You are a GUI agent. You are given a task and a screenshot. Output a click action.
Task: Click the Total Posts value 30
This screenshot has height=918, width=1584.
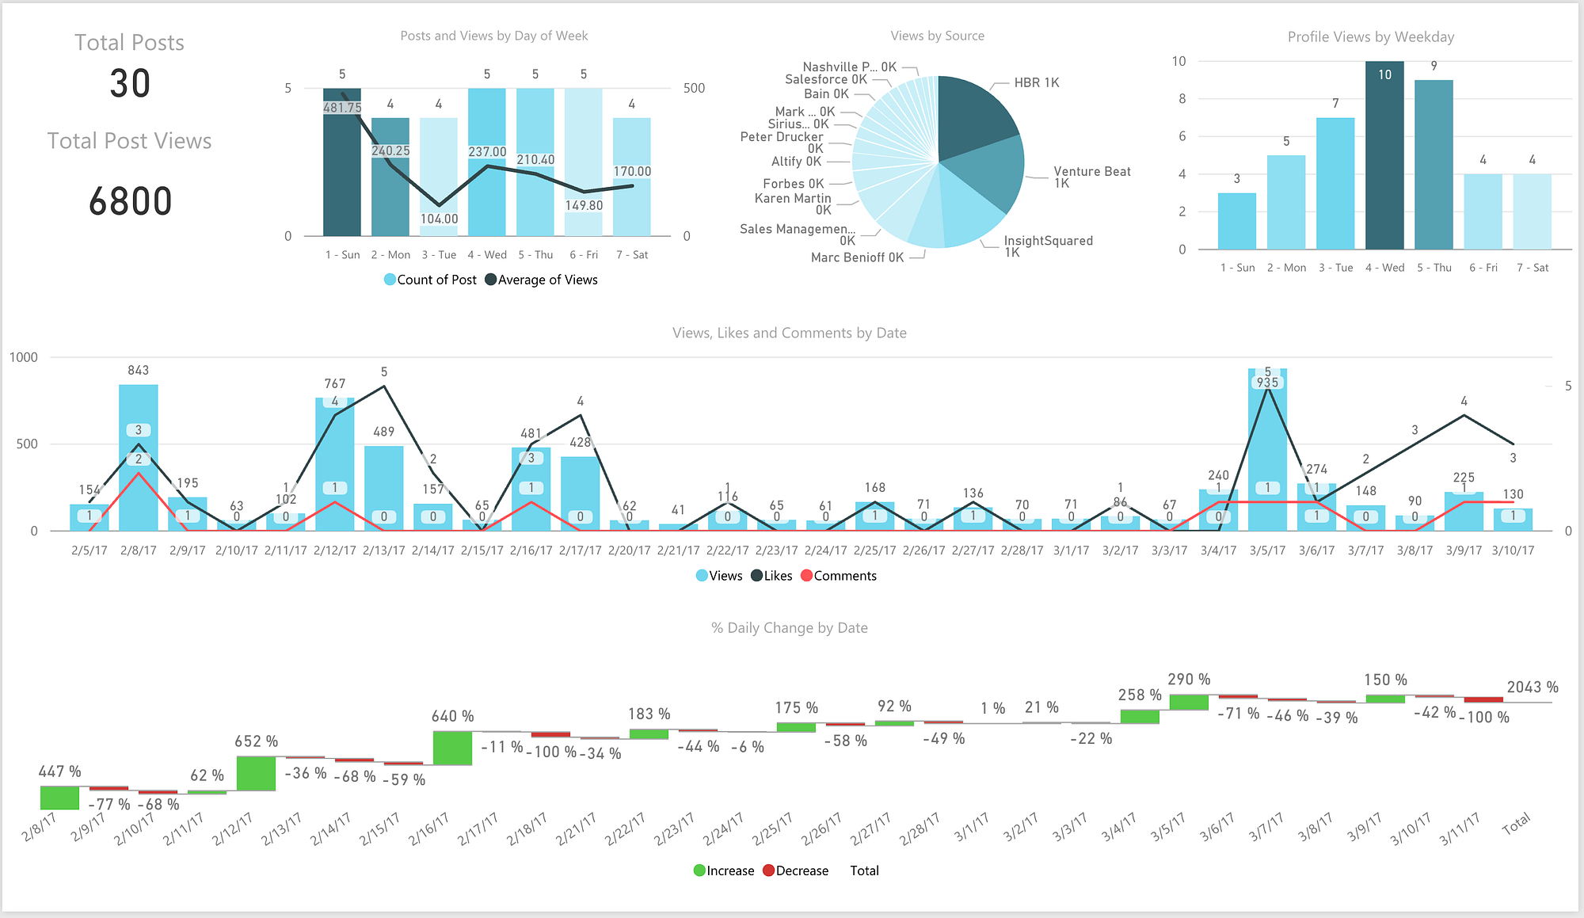(130, 83)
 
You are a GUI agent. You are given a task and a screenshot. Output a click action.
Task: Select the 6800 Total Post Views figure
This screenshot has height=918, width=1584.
(130, 201)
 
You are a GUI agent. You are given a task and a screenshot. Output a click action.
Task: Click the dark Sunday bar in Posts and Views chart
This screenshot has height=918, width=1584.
(342, 174)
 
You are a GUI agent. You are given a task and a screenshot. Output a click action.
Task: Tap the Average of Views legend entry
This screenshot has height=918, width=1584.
(547, 280)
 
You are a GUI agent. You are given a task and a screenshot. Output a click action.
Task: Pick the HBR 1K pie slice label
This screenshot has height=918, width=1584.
(1036, 82)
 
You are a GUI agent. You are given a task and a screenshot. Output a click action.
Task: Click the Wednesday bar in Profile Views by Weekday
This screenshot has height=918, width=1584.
(1384, 158)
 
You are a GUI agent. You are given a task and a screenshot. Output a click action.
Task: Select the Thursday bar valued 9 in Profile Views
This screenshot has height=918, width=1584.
(1434, 166)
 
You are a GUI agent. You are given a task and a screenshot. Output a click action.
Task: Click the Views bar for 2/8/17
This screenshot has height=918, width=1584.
(139, 475)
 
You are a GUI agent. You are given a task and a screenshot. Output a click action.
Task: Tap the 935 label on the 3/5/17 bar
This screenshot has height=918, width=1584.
(1267, 383)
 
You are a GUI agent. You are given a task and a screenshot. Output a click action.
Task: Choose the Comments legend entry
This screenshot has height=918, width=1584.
(844, 576)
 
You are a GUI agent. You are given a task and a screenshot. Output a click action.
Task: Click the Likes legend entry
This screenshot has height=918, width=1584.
(777, 576)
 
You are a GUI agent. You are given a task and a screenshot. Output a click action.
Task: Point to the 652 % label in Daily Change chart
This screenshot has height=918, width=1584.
(257, 741)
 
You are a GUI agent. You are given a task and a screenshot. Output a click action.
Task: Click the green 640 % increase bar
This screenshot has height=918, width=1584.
(452, 748)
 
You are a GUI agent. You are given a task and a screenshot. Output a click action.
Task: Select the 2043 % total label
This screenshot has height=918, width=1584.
(1533, 688)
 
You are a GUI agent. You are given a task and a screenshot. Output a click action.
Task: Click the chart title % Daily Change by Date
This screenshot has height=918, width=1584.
(790, 628)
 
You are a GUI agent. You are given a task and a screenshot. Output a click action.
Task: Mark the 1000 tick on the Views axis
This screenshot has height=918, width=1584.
(24, 357)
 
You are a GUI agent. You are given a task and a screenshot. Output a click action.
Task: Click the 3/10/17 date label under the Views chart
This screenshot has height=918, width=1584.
(1513, 550)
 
